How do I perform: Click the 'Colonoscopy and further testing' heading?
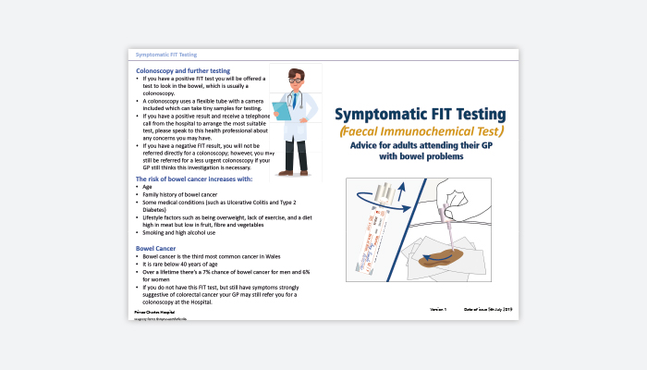click(183, 70)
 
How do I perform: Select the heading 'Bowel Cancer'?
click(157, 249)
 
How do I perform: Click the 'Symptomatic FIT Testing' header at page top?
click(165, 55)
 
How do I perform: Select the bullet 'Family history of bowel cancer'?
click(182, 195)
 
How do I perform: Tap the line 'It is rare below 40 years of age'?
click(184, 265)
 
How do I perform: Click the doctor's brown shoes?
click(296, 171)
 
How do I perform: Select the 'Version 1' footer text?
click(438, 308)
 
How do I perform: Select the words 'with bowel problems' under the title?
click(420, 157)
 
